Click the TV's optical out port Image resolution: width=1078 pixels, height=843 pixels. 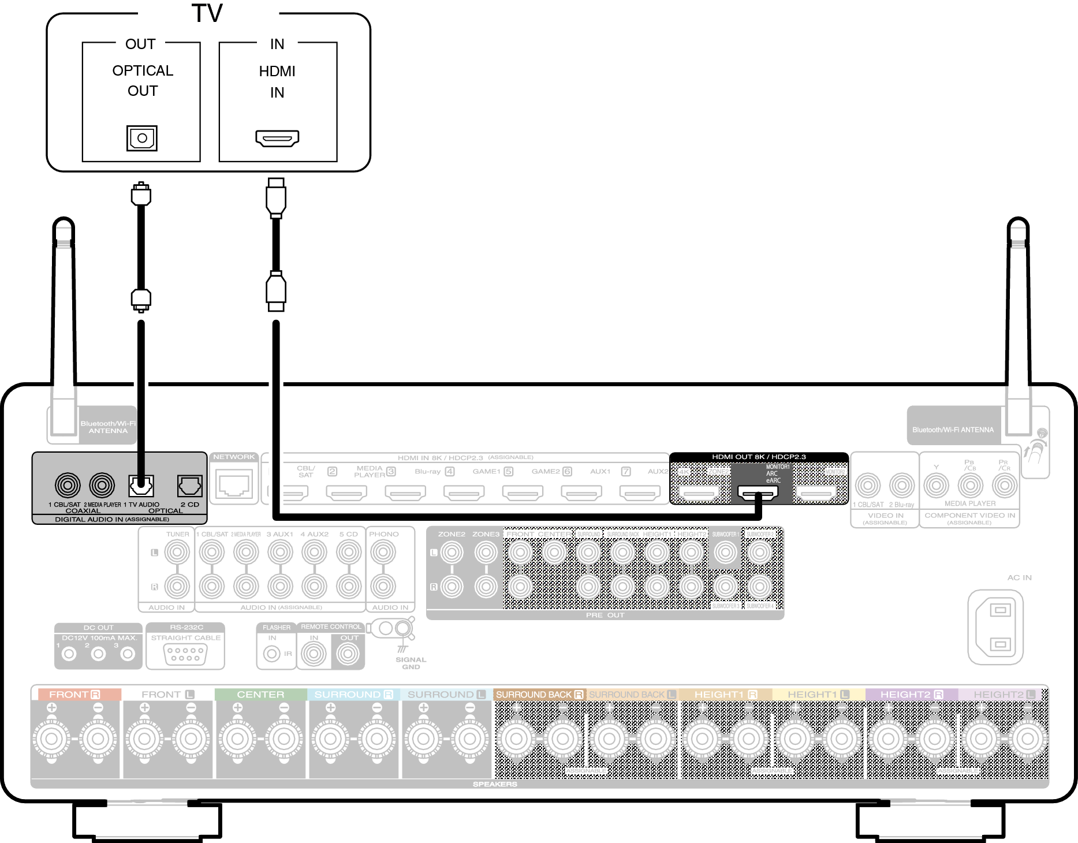coord(142,138)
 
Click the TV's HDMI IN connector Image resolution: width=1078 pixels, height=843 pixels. coord(277,139)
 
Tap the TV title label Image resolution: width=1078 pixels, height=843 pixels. coord(207,13)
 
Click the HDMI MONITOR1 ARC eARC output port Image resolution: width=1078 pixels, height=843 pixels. coord(758,494)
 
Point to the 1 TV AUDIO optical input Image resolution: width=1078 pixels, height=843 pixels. coord(141,486)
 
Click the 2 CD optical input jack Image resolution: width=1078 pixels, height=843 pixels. coord(189,486)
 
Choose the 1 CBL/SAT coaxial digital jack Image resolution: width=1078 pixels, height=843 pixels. coord(68,485)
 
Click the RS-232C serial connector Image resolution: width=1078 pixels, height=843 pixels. coord(185,654)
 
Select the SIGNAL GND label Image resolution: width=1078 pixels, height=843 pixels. coord(411,663)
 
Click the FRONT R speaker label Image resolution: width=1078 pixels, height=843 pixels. coord(75,695)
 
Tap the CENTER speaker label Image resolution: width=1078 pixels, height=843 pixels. coord(260,695)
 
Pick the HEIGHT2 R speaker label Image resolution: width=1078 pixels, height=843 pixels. coord(912,695)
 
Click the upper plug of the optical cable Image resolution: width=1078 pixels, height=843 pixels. coord(141,195)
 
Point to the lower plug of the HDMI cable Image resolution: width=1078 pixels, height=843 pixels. coord(276,290)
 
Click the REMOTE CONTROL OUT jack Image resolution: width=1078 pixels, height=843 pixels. coord(348,654)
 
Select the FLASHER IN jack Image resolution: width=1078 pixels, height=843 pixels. coord(272,654)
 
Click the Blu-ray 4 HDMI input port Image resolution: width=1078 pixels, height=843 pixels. coord(464,493)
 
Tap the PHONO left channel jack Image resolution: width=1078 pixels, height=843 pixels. coord(383,553)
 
